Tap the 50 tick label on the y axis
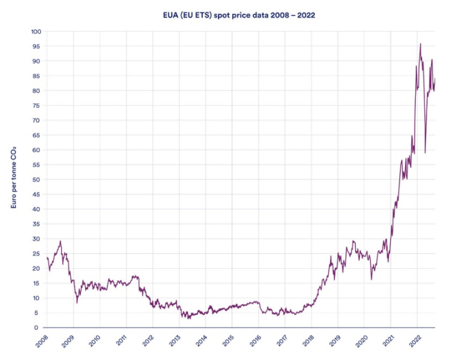36,179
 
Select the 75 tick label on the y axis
36,106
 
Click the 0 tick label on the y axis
38,328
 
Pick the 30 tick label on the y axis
36,239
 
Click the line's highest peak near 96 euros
420,44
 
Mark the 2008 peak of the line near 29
61,241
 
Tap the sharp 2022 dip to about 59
425,152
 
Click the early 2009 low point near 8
77,302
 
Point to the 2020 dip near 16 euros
371,279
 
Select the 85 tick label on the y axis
36,76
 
